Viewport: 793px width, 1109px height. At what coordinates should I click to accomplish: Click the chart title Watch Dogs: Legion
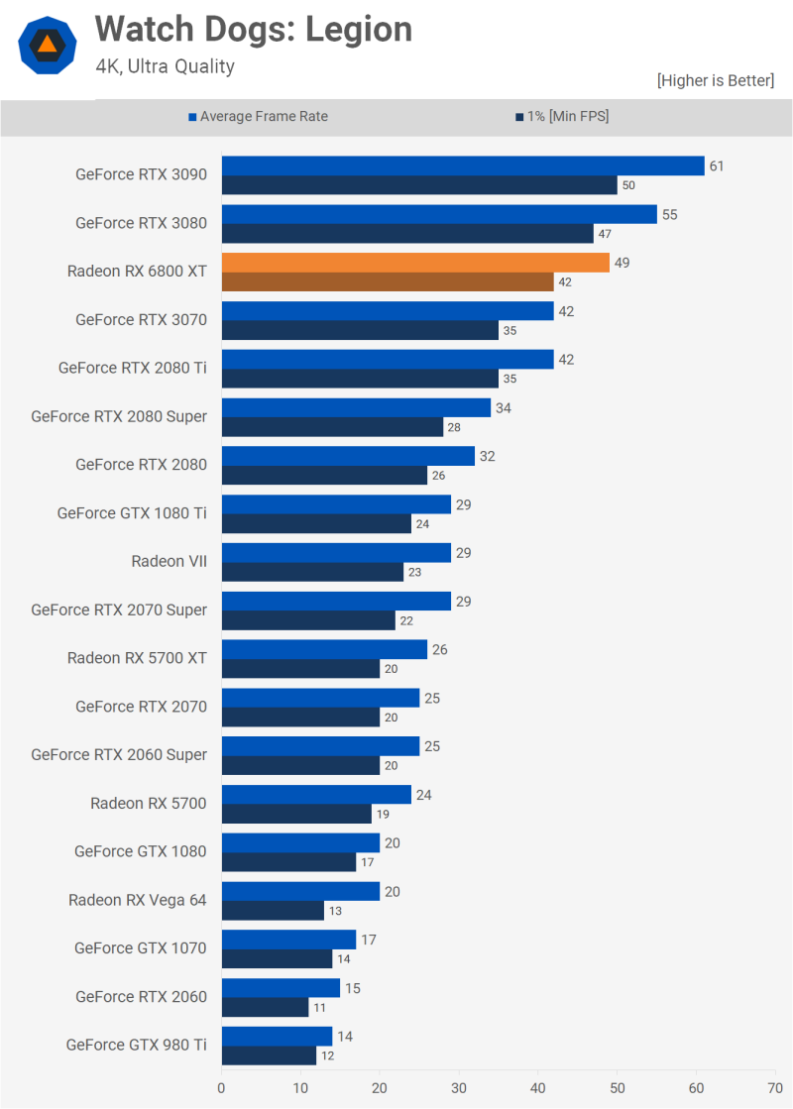(x=253, y=30)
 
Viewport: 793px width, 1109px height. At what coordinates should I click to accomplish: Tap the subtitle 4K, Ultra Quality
(x=165, y=67)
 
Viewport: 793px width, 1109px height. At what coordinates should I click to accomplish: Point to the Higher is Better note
(x=715, y=80)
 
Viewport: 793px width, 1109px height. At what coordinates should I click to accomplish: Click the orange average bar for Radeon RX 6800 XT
(x=415, y=263)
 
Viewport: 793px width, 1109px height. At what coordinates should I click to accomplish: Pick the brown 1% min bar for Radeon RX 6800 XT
(x=388, y=281)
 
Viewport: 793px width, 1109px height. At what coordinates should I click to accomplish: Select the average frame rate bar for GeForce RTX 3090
(x=463, y=166)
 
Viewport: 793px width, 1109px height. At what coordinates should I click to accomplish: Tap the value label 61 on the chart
(x=716, y=166)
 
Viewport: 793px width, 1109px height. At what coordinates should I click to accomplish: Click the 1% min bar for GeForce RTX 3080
(x=407, y=234)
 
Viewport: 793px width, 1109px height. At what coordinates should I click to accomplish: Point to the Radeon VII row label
(x=170, y=562)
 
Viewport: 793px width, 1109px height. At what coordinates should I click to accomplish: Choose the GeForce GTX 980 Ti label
(x=137, y=1045)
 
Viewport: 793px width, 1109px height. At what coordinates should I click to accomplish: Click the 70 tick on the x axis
(x=774, y=1087)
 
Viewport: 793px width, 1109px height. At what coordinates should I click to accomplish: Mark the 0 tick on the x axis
(x=222, y=1087)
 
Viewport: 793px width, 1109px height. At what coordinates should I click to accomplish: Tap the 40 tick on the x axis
(x=537, y=1087)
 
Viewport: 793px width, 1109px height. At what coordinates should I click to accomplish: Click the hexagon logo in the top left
(x=47, y=44)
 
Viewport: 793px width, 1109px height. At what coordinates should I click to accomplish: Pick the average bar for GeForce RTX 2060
(x=281, y=988)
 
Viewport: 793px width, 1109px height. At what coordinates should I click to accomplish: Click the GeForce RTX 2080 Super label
(x=119, y=416)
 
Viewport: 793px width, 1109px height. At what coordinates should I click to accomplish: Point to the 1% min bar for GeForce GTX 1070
(x=277, y=958)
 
